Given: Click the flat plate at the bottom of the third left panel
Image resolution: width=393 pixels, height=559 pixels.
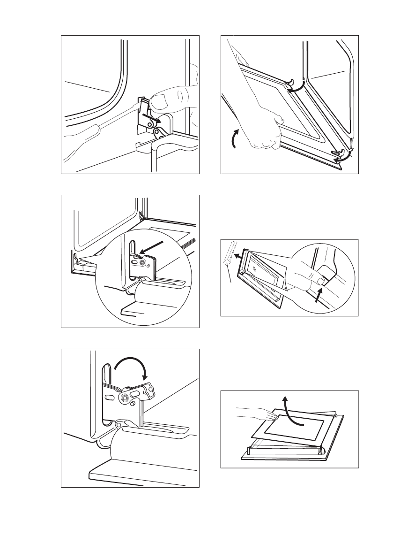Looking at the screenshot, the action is pos(136,475).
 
